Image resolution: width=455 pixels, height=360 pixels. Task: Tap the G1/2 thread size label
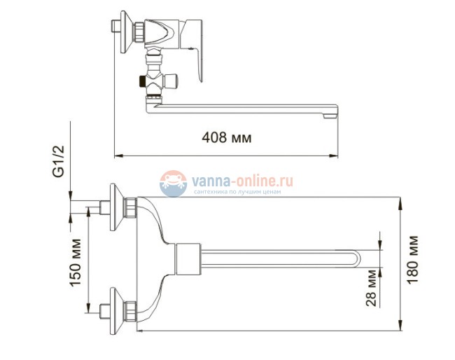pyautogui.click(x=60, y=161)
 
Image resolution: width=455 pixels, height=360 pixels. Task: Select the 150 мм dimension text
pyautogui.click(x=76, y=261)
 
